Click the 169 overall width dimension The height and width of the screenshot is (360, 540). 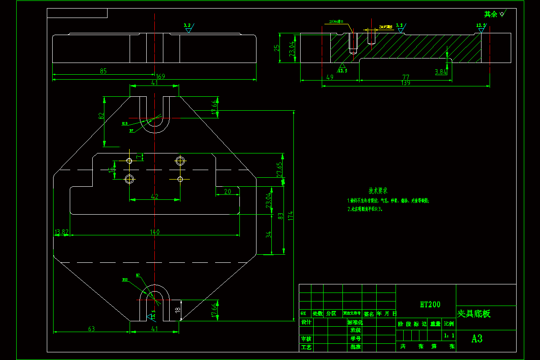[x=160, y=76]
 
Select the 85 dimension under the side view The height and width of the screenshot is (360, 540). [x=103, y=71]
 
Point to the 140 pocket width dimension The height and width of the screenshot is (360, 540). [x=155, y=232]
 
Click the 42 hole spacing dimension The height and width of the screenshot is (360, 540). [x=154, y=196]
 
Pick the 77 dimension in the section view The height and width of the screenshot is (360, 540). [x=406, y=77]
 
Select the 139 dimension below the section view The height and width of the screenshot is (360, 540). [x=406, y=83]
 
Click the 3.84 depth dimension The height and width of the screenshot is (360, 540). [x=441, y=72]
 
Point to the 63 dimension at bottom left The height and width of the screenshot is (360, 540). [x=91, y=329]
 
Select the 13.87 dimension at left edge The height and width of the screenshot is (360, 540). [x=62, y=232]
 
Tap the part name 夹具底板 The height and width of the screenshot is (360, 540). [x=474, y=314]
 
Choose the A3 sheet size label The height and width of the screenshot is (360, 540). [x=477, y=339]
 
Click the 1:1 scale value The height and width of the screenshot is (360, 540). [x=449, y=335]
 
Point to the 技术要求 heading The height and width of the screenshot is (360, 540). [x=378, y=191]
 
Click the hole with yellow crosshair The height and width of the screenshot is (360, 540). [x=180, y=179]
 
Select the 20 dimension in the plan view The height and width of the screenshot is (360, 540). [x=227, y=191]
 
